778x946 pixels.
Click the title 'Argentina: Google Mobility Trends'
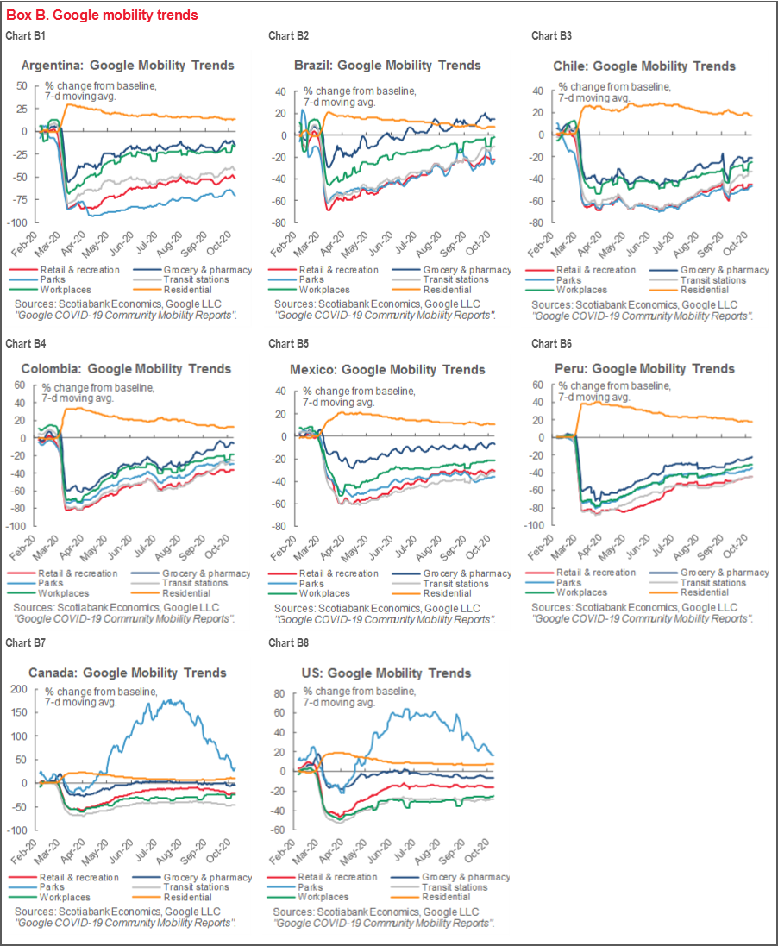click(127, 66)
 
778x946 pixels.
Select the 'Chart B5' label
click(288, 343)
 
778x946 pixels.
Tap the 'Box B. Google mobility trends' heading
click(102, 15)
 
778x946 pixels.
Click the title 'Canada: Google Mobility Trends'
click(127, 673)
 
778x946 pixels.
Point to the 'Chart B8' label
click(288, 643)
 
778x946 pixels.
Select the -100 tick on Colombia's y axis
click(18, 526)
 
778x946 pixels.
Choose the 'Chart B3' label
click(551, 35)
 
